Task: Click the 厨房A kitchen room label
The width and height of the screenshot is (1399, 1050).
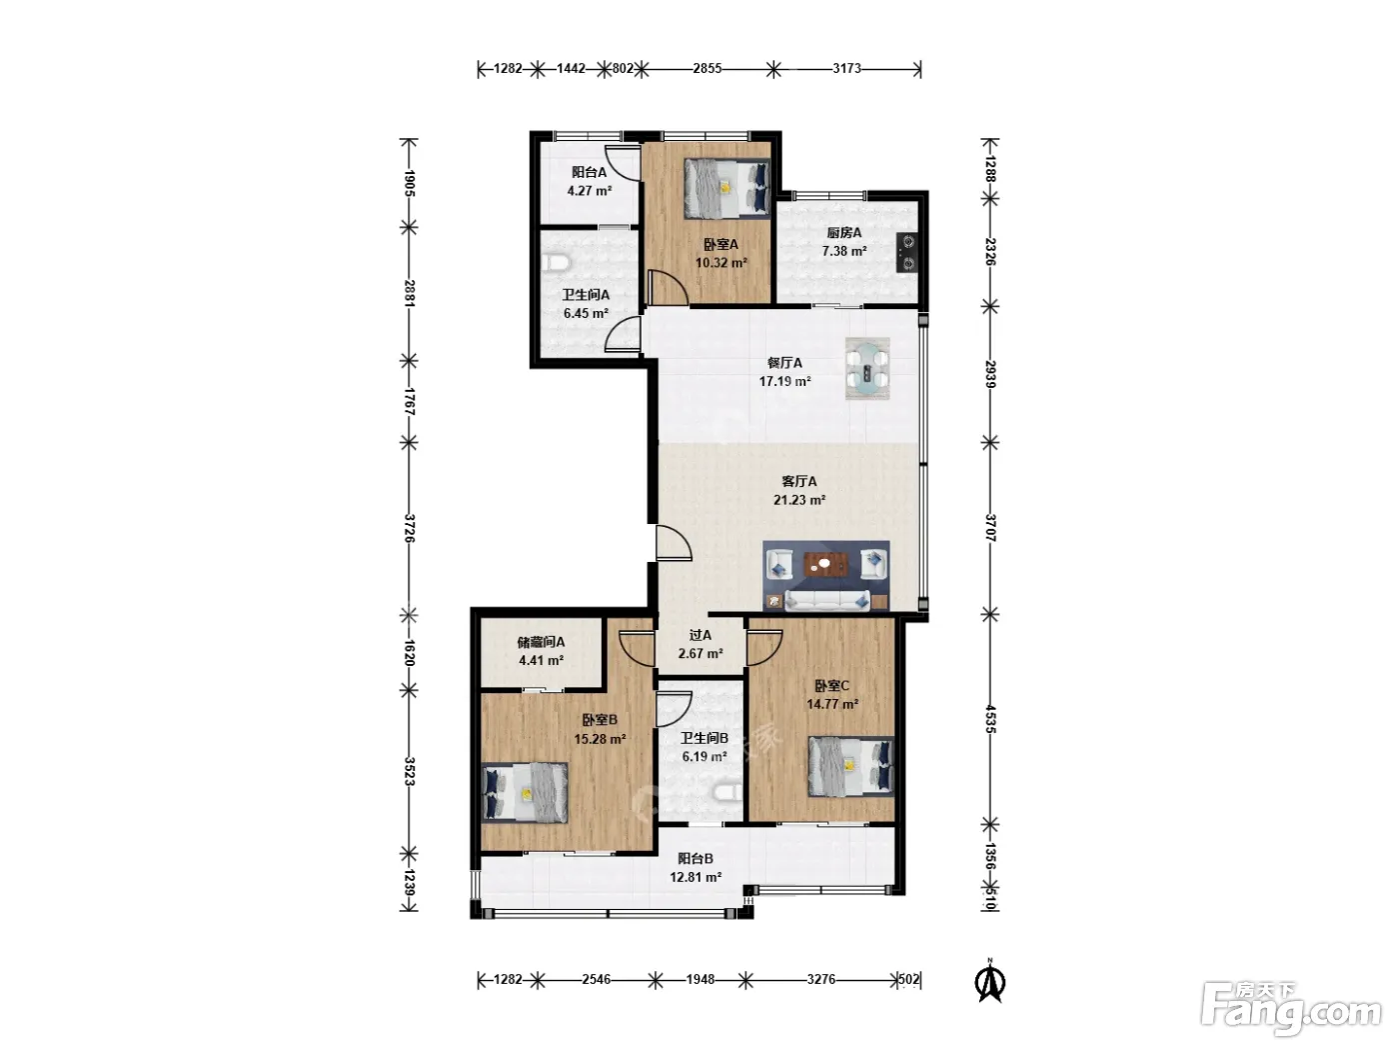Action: tap(843, 233)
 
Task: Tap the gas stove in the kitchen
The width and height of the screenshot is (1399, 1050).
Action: tap(907, 252)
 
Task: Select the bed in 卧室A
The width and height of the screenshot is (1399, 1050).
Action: tap(726, 188)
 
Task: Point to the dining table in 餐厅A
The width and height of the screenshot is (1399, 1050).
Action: tap(867, 368)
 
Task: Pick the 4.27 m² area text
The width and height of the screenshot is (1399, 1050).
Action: tap(590, 191)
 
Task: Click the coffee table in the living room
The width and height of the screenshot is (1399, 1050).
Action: tap(826, 564)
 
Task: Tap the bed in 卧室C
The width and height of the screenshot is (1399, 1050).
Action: tap(851, 767)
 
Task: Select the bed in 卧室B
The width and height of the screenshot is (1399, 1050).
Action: tap(525, 793)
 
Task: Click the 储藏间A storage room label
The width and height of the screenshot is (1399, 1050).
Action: tap(541, 642)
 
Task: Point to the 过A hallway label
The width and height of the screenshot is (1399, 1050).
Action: tap(699, 635)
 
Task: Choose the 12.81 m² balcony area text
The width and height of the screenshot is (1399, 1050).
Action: tap(696, 877)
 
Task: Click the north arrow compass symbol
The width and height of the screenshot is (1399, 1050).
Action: tap(990, 981)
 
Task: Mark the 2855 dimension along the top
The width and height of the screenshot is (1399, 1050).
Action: tap(707, 69)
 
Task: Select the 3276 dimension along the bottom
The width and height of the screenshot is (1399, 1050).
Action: tap(821, 979)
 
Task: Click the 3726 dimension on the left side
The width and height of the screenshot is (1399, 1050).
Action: tap(410, 529)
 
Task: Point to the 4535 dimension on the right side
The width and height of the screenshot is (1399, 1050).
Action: tap(990, 719)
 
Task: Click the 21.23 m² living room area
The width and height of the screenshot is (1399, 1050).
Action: tap(799, 500)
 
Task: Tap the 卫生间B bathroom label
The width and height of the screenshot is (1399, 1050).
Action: tap(704, 738)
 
